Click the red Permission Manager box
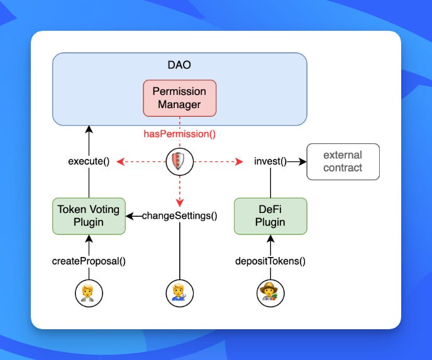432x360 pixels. pyautogui.click(x=180, y=98)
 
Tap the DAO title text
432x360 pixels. pyautogui.click(x=179, y=65)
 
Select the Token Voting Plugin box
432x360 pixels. pyautogui.click(x=89, y=216)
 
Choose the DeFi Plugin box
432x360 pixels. pyautogui.click(x=270, y=216)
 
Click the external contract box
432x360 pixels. pyautogui.click(x=343, y=161)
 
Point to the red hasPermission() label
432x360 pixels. pyautogui.click(x=180, y=134)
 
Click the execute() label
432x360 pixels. pyautogui.click(x=89, y=161)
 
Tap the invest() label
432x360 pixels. pyautogui.click(x=270, y=161)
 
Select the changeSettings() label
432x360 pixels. pyautogui.click(x=180, y=215)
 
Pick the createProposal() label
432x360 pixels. pyautogui.click(x=89, y=261)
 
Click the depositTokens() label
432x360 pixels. pyautogui.click(x=270, y=261)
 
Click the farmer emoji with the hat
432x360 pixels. pyautogui.click(x=270, y=293)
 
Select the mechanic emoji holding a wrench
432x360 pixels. pyautogui.click(x=180, y=293)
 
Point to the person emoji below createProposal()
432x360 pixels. pyautogui.click(x=89, y=293)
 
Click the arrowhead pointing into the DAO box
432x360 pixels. pyautogui.click(x=89, y=129)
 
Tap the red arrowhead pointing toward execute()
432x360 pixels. pyautogui.click(x=120, y=161)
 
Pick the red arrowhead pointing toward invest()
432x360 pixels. pyautogui.click(x=239, y=161)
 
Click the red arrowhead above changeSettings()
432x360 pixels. pyautogui.click(x=180, y=203)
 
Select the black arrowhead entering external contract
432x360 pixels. pyautogui.click(x=302, y=161)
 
